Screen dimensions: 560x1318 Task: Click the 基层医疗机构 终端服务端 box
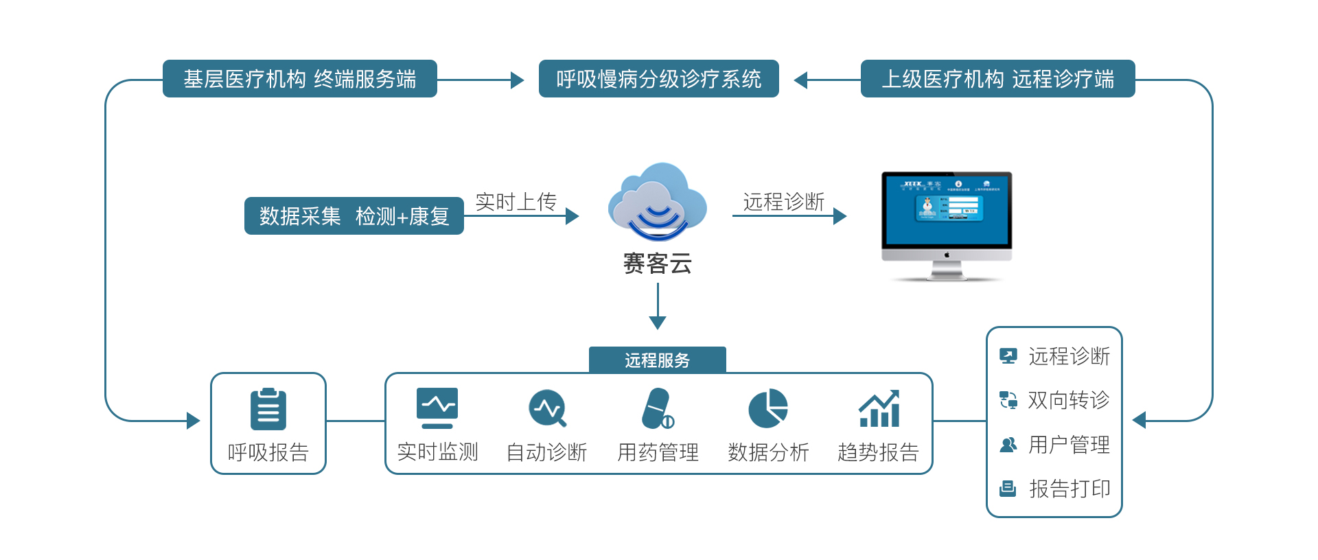(299, 79)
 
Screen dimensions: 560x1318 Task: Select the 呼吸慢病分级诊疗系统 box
(658, 79)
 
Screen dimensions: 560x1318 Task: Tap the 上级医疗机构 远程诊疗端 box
(997, 79)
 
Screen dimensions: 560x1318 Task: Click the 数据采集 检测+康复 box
(354, 216)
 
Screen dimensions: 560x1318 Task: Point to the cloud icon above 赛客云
(657, 202)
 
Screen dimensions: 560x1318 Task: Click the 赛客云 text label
(657, 264)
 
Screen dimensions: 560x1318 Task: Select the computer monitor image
(947, 224)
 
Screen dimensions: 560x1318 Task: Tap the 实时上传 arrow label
(516, 202)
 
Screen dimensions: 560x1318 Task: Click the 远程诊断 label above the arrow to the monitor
(783, 202)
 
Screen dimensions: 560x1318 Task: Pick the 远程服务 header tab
(657, 360)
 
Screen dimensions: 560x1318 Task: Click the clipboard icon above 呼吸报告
(268, 409)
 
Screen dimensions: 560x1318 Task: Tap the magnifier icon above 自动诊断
(548, 408)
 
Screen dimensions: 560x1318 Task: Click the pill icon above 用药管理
(657, 408)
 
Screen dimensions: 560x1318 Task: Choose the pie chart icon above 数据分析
(767, 408)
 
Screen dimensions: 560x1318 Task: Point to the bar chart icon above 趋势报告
(879, 408)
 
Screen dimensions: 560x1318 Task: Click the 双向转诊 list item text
(1068, 400)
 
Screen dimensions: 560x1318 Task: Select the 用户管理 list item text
(1069, 445)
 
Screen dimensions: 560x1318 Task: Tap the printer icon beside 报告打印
(1008, 489)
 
